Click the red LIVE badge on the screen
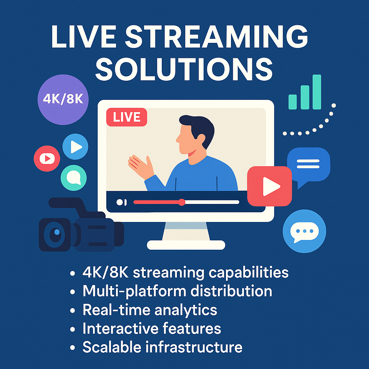pos(127,117)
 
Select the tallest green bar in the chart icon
pos(317,92)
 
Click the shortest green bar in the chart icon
pos(293,102)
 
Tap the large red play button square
pos(270,186)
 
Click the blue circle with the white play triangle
pos(75,146)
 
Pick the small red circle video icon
pos(46,158)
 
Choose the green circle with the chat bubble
pos(74,178)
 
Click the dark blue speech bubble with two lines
pos(308,164)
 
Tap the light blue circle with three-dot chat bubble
pos(304,231)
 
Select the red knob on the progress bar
pos(182,202)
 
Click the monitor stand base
pos(186,245)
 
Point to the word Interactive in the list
pos(112,329)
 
